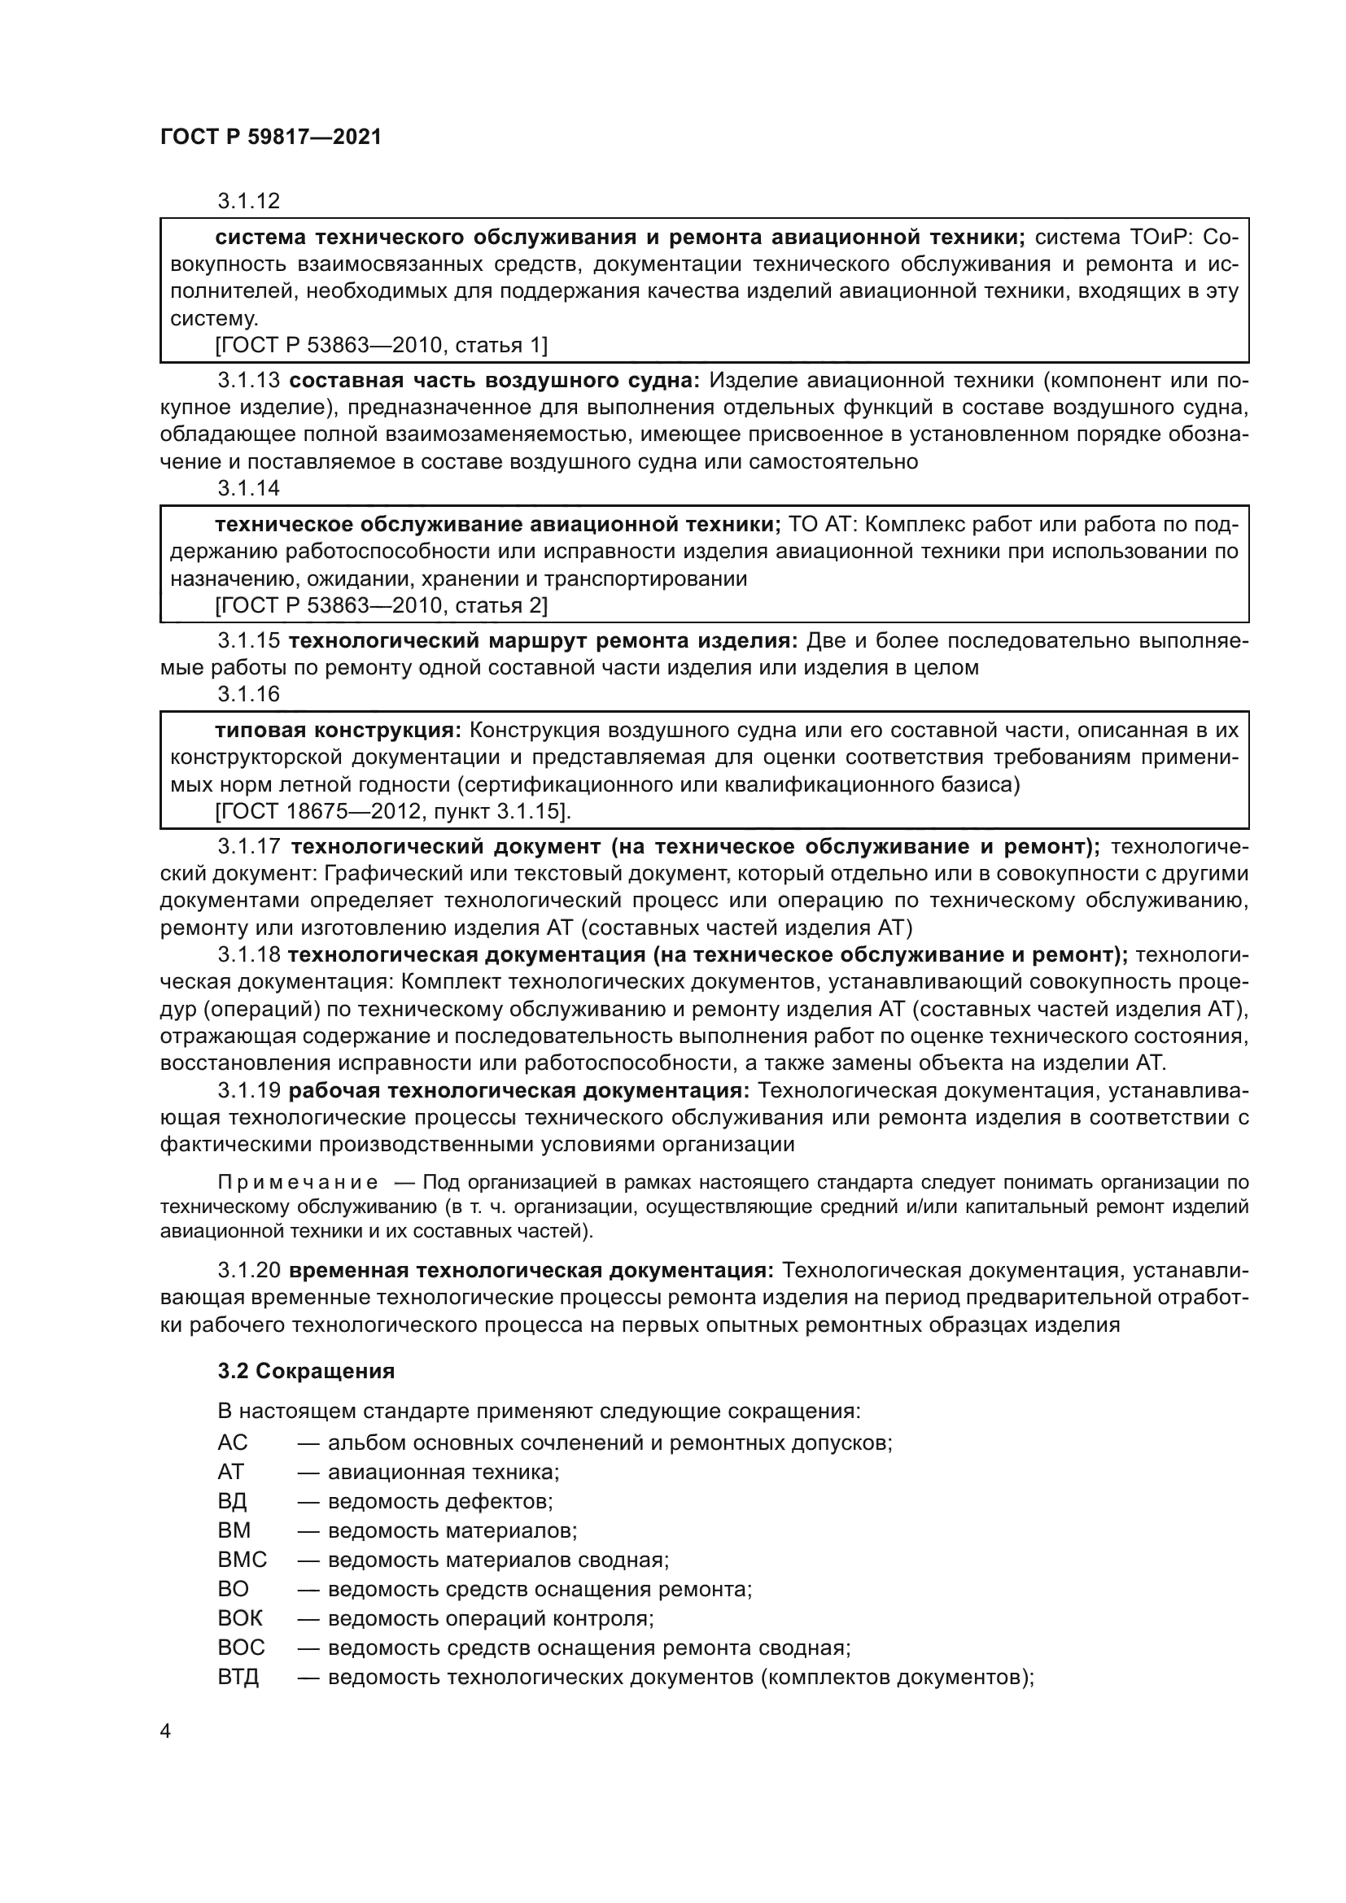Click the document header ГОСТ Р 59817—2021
click(270, 137)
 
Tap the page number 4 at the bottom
click(166, 1731)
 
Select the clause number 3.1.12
click(249, 202)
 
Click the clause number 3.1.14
click(249, 488)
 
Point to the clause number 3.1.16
click(249, 694)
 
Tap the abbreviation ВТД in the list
click(238, 1678)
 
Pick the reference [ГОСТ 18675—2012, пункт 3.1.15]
click(393, 810)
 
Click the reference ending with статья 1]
click(381, 345)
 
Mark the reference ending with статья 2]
click(381, 605)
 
